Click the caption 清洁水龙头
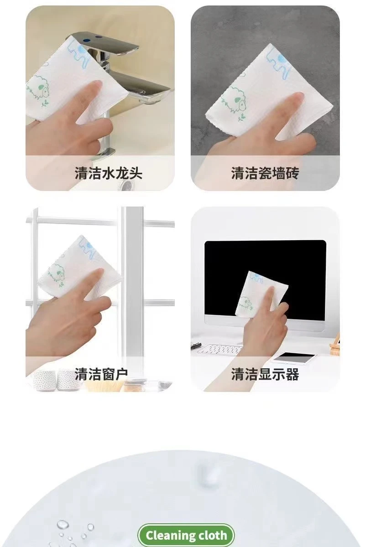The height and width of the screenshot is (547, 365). [x=108, y=173]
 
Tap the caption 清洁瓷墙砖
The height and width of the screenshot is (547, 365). [x=265, y=173]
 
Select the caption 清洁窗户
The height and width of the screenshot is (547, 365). [x=101, y=374]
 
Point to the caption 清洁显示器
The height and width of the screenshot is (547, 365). [x=265, y=374]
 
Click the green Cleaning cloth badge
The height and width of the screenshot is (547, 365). [x=186, y=536]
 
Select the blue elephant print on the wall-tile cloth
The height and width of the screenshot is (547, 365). [x=278, y=64]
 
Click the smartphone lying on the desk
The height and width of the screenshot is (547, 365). [x=293, y=357]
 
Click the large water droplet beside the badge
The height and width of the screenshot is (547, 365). [x=63, y=524]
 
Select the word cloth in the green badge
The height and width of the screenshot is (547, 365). [x=213, y=536]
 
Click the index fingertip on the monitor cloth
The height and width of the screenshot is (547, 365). [x=271, y=290]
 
